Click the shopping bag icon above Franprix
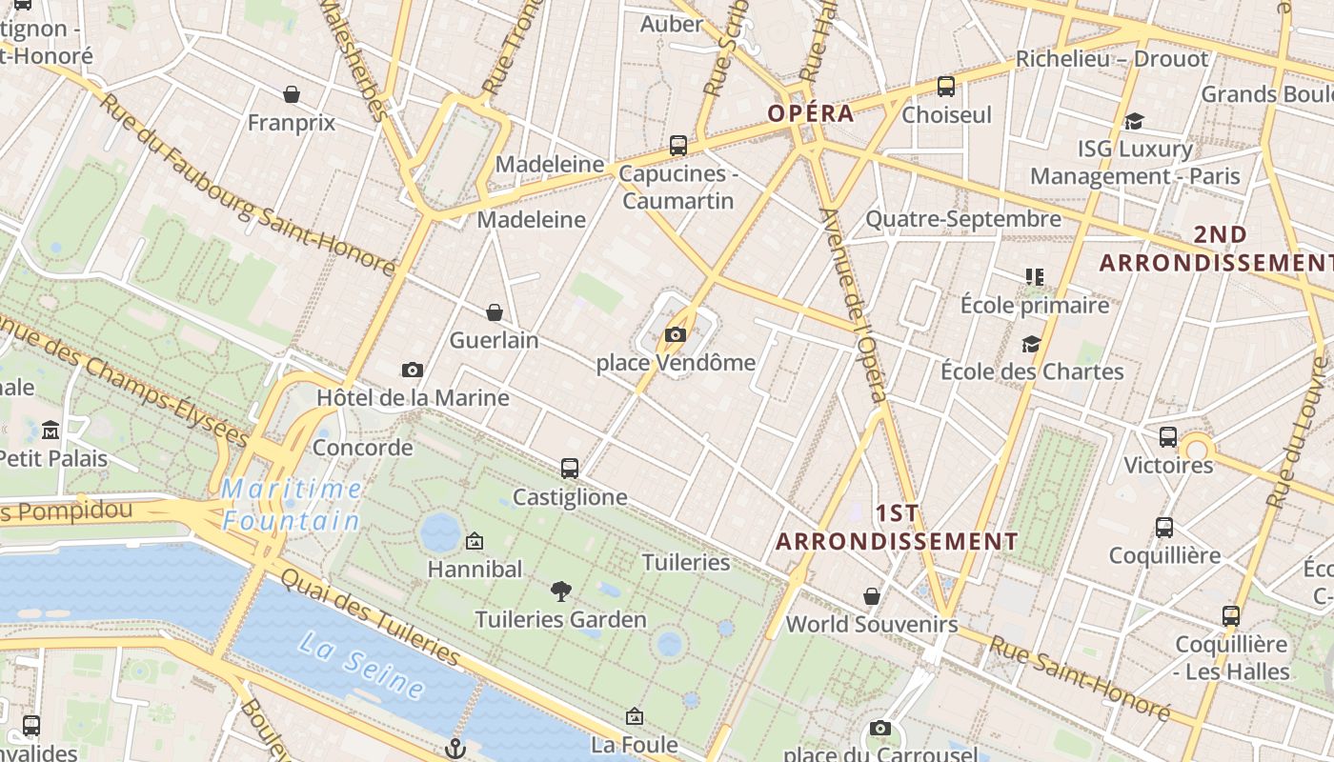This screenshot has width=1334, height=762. [x=292, y=94]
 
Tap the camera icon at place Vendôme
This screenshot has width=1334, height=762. [x=676, y=334]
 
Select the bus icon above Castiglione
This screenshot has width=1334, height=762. [x=570, y=469]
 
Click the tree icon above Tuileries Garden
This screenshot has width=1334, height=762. [x=561, y=592]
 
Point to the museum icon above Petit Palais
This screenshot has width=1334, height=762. [x=51, y=431]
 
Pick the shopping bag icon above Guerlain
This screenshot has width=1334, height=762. [x=495, y=312]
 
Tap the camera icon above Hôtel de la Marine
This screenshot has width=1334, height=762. [x=413, y=370]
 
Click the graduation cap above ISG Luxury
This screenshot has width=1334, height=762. [x=1134, y=121]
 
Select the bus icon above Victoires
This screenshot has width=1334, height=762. [x=1168, y=437]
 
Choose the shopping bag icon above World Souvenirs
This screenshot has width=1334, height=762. [x=872, y=596]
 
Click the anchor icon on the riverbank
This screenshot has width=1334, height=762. [x=455, y=748]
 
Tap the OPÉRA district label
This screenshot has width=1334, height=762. [x=811, y=113]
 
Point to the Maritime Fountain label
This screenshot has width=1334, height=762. [x=292, y=505]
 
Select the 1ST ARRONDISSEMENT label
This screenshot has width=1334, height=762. [x=897, y=528]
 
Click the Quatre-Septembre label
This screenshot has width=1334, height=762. [x=962, y=219]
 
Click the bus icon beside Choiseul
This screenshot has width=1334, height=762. [x=946, y=87]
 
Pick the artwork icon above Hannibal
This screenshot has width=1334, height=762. [x=475, y=542]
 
